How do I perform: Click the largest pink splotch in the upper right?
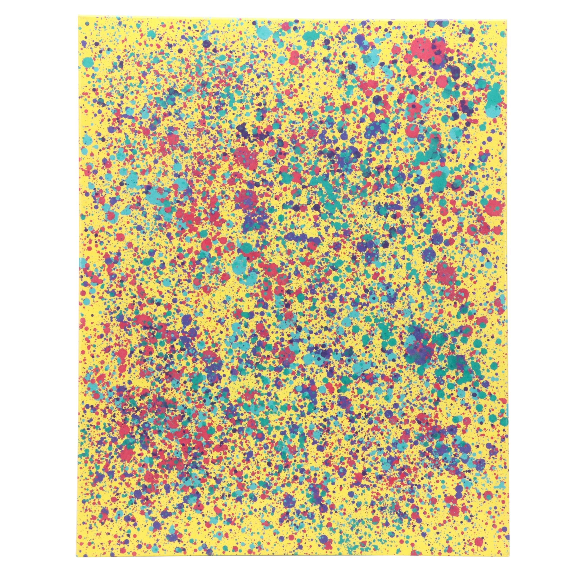424,48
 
